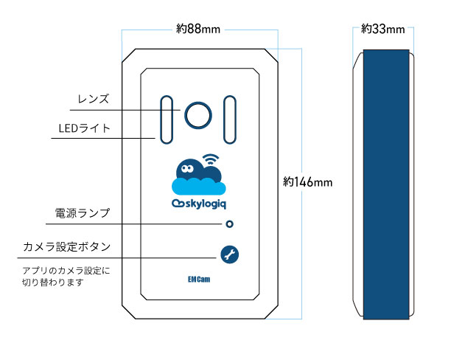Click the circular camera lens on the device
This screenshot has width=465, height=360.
click(198, 114)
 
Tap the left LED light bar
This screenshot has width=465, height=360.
click(165, 117)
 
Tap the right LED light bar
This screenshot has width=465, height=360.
click(229, 117)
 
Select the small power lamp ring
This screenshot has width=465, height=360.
click(230, 224)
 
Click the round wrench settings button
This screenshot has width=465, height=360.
click(229, 255)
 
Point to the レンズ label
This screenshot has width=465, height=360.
click(93, 99)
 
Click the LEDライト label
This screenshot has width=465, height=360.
click(84, 128)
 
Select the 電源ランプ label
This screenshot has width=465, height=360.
click(83, 214)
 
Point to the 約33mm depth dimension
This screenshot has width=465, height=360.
click(383, 30)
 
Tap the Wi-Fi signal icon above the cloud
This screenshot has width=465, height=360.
click(211, 159)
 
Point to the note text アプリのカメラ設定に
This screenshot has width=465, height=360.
click(66, 271)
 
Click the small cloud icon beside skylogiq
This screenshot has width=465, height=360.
click(177, 204)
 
